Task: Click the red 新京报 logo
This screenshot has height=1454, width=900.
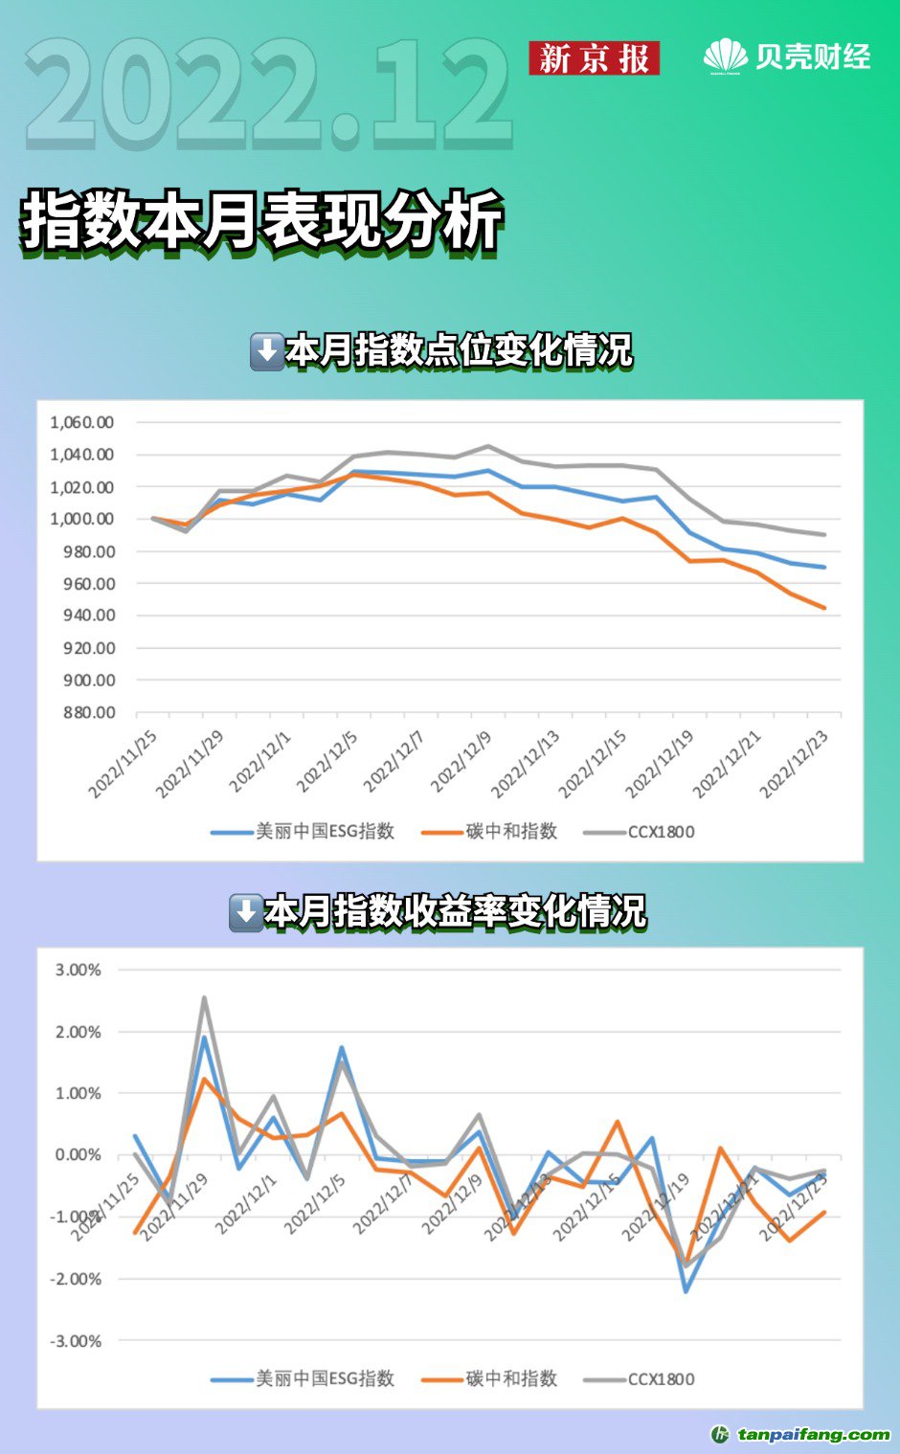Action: pyautogui.click(x=594, y=58)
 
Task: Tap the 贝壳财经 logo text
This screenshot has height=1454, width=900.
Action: pyautogui.click(x=812, y=56)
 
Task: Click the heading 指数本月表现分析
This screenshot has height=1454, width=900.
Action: pyautogui.click(x=262, y=221)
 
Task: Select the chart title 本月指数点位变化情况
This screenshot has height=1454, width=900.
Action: pyautogui.click(x=459, y=351)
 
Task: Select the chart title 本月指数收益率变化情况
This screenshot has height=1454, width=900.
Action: pyautogui.click(x=455, y=912)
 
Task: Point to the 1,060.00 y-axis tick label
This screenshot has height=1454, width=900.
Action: pyautogui.click(x=82, y=422)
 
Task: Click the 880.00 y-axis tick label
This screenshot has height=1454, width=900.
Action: pyautogui.click(x=90, y=712)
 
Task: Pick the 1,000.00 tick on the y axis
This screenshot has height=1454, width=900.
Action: pyautogui.click(x=82, y=519)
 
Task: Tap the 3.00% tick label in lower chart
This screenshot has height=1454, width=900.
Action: pyautogui.click(x=79, y=970)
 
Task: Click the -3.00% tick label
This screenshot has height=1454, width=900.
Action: pyautogui.click(x=77, y=1341)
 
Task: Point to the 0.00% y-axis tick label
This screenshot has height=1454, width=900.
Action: pyautogui.click(x=79, y=1155)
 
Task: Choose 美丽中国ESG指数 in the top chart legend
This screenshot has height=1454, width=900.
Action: pyautogui.click(x=325, y=832)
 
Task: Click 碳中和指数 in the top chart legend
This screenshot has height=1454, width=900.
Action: pyautogui.click(x=511, y=832)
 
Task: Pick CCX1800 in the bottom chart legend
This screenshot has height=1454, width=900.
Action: pyautogui.click(x=661, y=1379)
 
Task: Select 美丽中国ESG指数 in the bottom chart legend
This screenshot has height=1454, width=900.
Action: pyautogui.click(x=325, y=1379)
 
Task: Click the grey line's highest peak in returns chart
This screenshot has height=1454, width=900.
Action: pyautogui.click(x=204, y=998)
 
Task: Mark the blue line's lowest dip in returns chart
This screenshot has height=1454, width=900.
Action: pyautogui.click(x=686, y=1291)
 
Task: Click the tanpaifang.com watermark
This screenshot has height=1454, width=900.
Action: pyautogui.click(x=813, y=1434)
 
